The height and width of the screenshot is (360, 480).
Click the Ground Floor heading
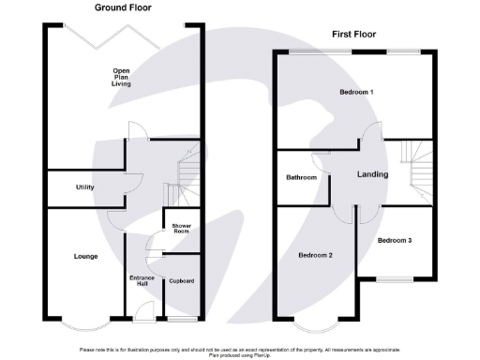coord(123,7)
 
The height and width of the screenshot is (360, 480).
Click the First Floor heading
coord(353,35)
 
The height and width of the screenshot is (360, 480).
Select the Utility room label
coord(85,187)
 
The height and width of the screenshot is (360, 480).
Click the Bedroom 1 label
coord(356,93)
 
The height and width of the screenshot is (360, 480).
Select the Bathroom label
coord(301,177)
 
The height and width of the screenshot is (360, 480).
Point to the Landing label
coord(372,174)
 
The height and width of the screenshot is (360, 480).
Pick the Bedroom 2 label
coord(316,255)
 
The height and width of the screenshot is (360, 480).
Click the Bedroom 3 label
coord(395,240)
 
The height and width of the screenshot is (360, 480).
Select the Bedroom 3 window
coord(397,280)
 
